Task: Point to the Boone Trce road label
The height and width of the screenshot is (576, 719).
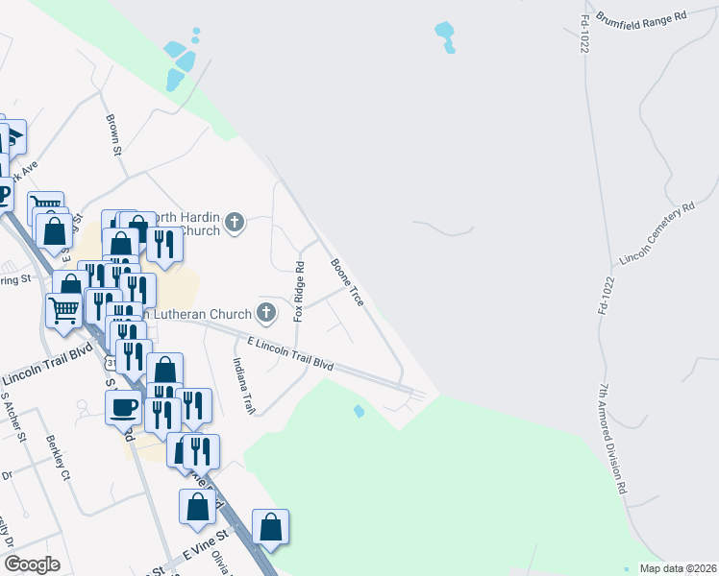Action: [x=347, y=282]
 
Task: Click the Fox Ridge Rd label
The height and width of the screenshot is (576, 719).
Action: [x=299, y=291]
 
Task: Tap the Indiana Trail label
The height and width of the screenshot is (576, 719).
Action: [x=243, y=386]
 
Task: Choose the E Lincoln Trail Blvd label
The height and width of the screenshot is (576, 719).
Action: [x=290, y=354]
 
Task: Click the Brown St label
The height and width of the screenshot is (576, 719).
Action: [x=113, y=135]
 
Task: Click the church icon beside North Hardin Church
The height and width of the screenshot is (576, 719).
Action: [x=234, y=225]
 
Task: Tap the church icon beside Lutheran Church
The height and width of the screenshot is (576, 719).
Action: [x=266, y=312]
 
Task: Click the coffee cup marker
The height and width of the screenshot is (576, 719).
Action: [x=123, y=407]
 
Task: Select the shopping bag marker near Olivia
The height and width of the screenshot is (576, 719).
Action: [x=271, y=527]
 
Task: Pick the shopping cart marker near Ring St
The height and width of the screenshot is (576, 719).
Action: [x=63, y=310]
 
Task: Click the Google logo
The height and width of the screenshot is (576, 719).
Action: [x=33, y=564]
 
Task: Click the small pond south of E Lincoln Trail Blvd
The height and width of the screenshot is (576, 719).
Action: [x=359, y=412]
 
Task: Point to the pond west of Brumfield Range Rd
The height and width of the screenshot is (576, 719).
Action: [x=445, y=36]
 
